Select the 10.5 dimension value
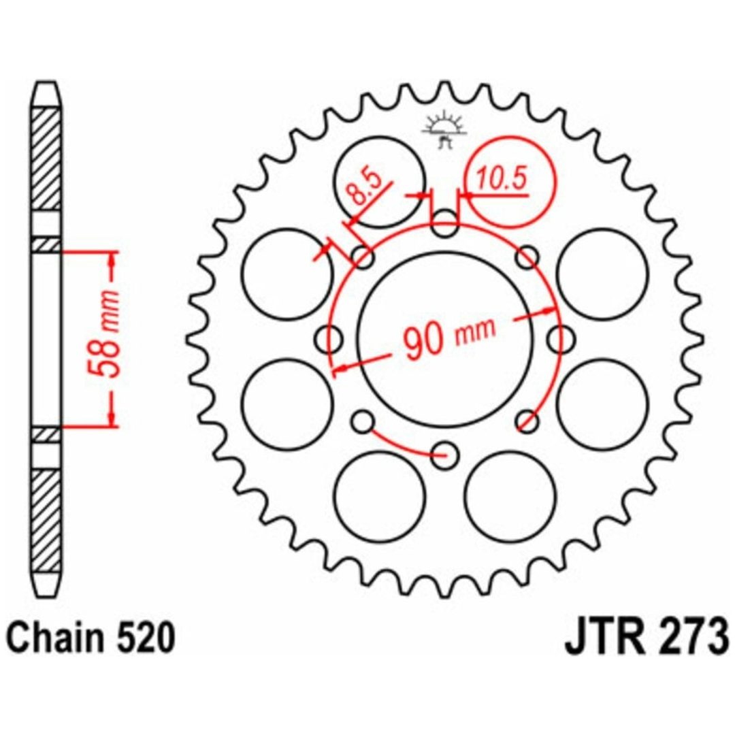(502, 178)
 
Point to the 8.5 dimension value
(365, 187)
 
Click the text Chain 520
(92, 638)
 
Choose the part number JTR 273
(647, 638)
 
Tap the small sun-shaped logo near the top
(444, 129)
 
